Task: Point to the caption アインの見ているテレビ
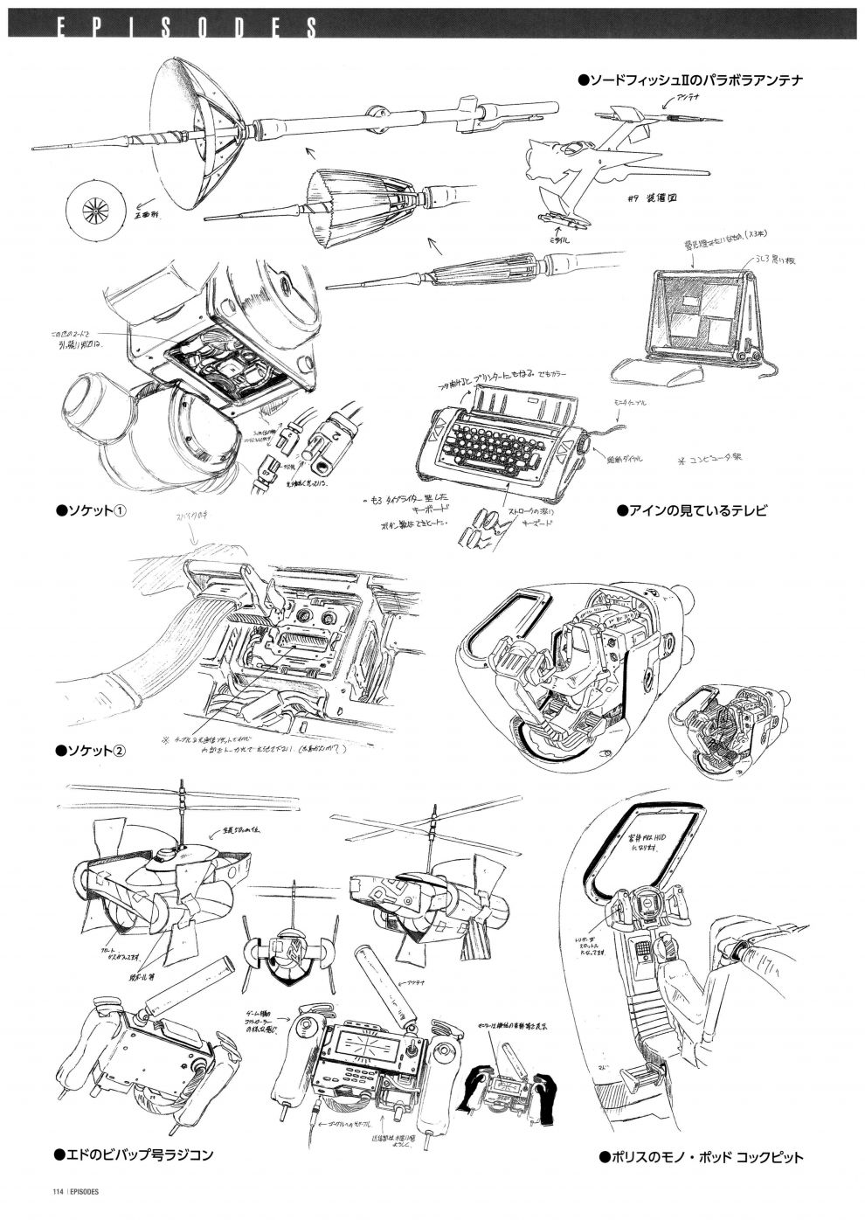pyautogui.click(x=692, y=510)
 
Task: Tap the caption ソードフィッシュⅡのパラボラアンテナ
pyautogui.click(x=690, y=80)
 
